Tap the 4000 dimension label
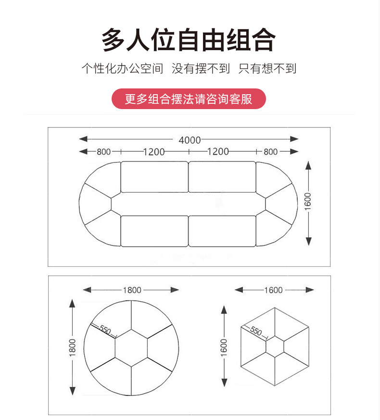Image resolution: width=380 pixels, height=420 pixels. point(190,140)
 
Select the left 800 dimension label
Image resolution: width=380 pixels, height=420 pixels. point(103,152)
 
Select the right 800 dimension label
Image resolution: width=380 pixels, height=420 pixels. point(270,152)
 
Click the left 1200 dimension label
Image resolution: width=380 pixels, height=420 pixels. point(153,152)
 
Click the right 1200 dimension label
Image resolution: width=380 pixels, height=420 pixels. point(217,152)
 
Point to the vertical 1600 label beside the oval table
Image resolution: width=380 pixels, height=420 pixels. point(308,201)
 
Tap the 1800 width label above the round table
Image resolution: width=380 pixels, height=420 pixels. point(132,290)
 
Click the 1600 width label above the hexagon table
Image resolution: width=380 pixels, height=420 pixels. point(273,290)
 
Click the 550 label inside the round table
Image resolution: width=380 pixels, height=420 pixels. point(105,331)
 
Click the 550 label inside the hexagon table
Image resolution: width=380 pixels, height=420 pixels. point(256,332)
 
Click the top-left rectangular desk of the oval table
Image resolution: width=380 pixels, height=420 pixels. point(154,177)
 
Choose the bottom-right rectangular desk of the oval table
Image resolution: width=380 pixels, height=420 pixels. point(222,231)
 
